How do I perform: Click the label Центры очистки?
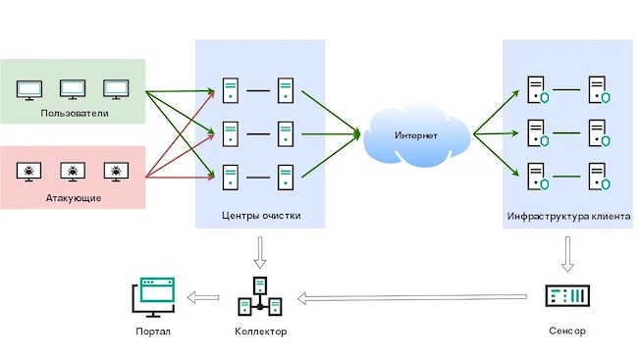click(x=260, y=216)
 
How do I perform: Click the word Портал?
click(x=153, y=332)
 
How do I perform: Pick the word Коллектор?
click(x=260, y=332)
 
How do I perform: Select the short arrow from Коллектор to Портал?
click(x=206, y=296)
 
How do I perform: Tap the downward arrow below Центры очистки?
click(x=260, y=254)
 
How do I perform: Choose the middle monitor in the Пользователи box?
click(x=74, y=89)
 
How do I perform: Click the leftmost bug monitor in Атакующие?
click(x=30, y=173)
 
